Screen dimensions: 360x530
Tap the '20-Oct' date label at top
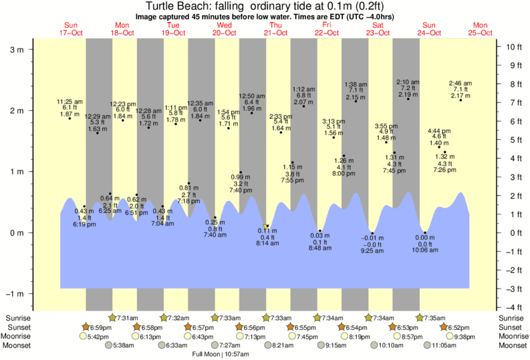[x=225, y=33]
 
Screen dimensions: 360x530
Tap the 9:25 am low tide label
[x=373, y=245]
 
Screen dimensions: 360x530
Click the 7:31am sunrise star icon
[x=112, y=318]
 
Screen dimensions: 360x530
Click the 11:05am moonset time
[x=461, y=345]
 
